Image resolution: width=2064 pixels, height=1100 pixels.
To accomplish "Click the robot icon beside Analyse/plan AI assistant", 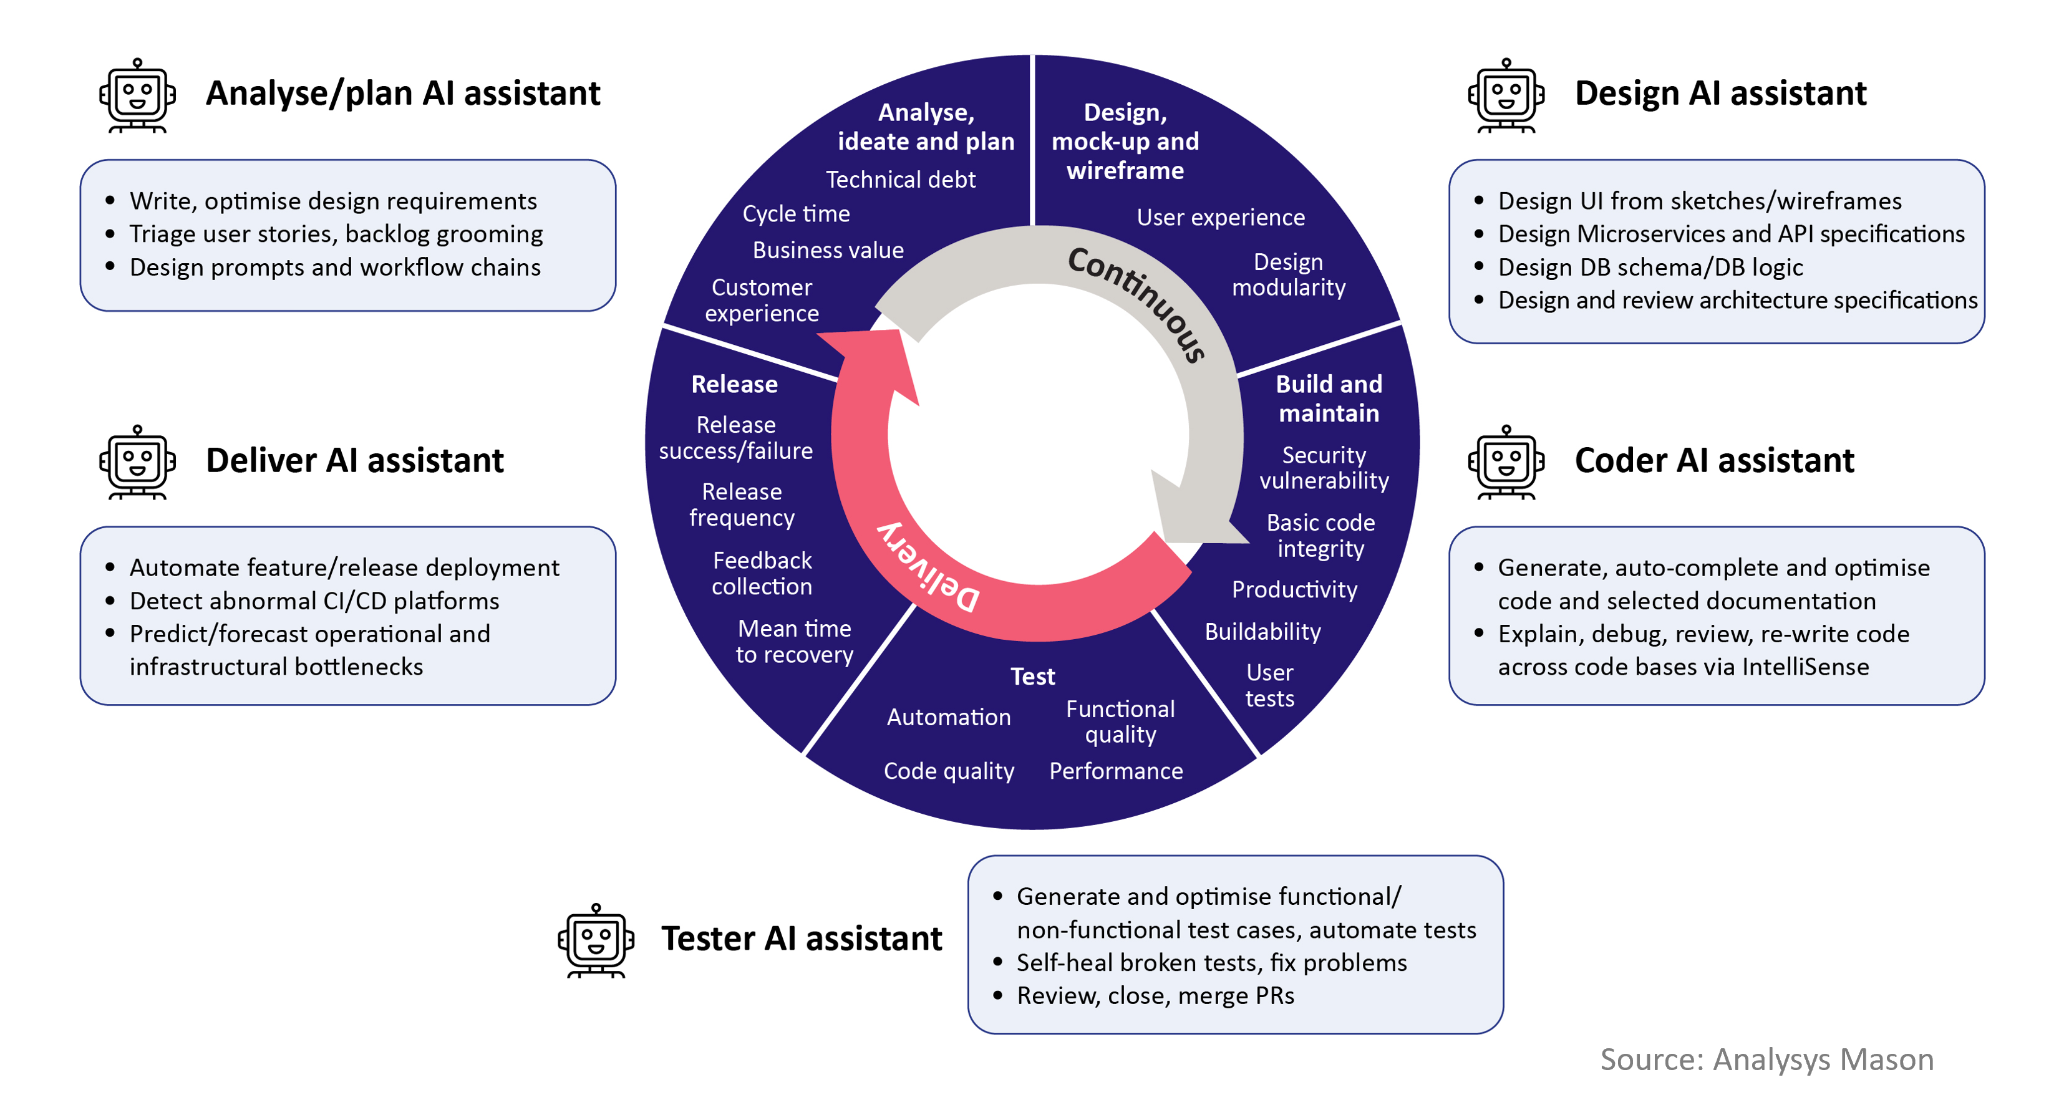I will pos(137,95).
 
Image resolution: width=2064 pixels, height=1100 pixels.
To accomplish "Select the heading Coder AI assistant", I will pos(1714,461).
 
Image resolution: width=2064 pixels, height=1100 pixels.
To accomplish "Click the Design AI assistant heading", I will pos(1720,94).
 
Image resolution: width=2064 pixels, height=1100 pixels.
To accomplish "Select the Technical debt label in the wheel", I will pos(901,180).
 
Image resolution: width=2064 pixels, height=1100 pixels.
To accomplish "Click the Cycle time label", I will pos(796,214).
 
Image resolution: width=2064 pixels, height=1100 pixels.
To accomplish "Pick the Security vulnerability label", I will pos(1324,468).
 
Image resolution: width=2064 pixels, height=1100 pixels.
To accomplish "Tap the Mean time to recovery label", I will pos(794,642).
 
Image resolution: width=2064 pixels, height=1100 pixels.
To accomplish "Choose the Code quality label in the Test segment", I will pos(949,771).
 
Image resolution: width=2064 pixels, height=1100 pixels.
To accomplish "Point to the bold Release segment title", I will pos(734,385).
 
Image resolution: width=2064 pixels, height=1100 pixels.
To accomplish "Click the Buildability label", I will pos(1262,632).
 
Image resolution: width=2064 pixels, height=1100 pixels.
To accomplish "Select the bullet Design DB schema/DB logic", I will pos(1650,267).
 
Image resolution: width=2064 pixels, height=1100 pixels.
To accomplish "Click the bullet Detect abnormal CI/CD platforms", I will pos(314,601).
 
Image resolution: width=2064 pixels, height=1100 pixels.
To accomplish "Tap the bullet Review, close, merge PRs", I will pos(1155,996).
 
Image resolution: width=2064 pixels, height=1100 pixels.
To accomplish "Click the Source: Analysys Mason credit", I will pos(1766,1059).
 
